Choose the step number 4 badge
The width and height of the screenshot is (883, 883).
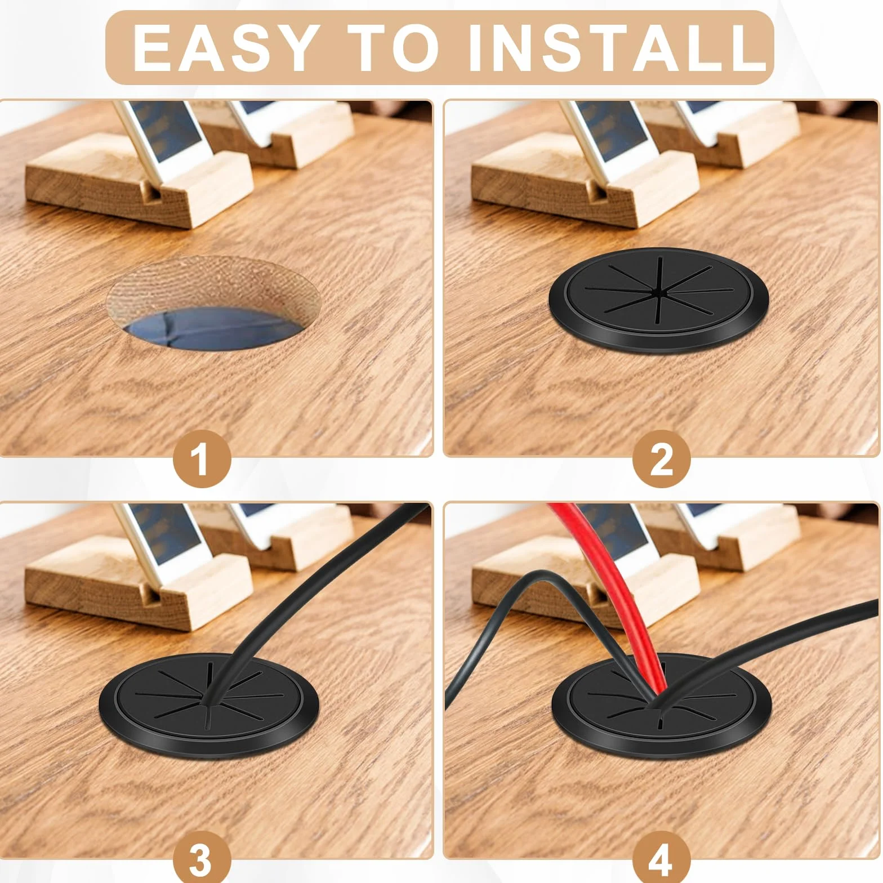(661, 860)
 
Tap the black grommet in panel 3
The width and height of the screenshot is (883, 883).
(209, 704)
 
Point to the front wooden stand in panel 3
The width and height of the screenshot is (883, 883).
(132, 586)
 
